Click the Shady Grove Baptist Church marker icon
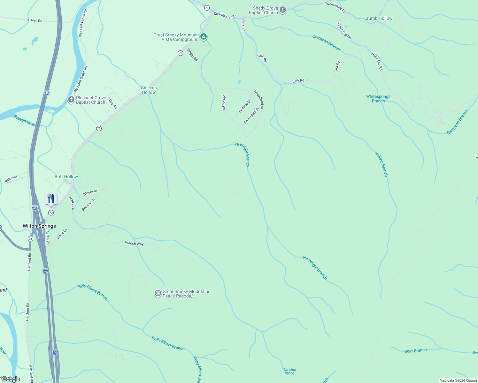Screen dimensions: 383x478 pos(282,10)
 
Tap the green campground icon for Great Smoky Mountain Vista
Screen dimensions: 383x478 pos(204,37)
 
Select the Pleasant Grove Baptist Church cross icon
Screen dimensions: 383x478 pos(71,100)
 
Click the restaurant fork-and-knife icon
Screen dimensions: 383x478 pos(51,199)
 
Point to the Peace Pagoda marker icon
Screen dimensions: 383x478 pos(158,293)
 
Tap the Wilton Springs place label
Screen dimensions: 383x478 pos(39,226)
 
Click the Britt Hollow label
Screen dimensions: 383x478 pos(66,176)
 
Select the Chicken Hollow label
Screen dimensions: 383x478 pos(149,90)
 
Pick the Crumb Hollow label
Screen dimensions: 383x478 pos(378,18)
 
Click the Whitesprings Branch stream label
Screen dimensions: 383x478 pos(378,99)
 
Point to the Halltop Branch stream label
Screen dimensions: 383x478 pos(381,164)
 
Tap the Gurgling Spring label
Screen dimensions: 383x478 pos(289,371)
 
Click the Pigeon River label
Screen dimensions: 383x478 pos(25,120)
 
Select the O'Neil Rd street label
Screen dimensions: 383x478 pos(35,20)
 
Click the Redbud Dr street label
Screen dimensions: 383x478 pos(245,106)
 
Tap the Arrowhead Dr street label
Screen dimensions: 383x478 pos(259,100)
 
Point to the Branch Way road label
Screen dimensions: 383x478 pos(134,243)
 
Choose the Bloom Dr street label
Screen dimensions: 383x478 pos(90,192)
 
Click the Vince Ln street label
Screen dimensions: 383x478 pos(62,234)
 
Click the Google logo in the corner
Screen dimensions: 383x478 pos(11,379)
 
